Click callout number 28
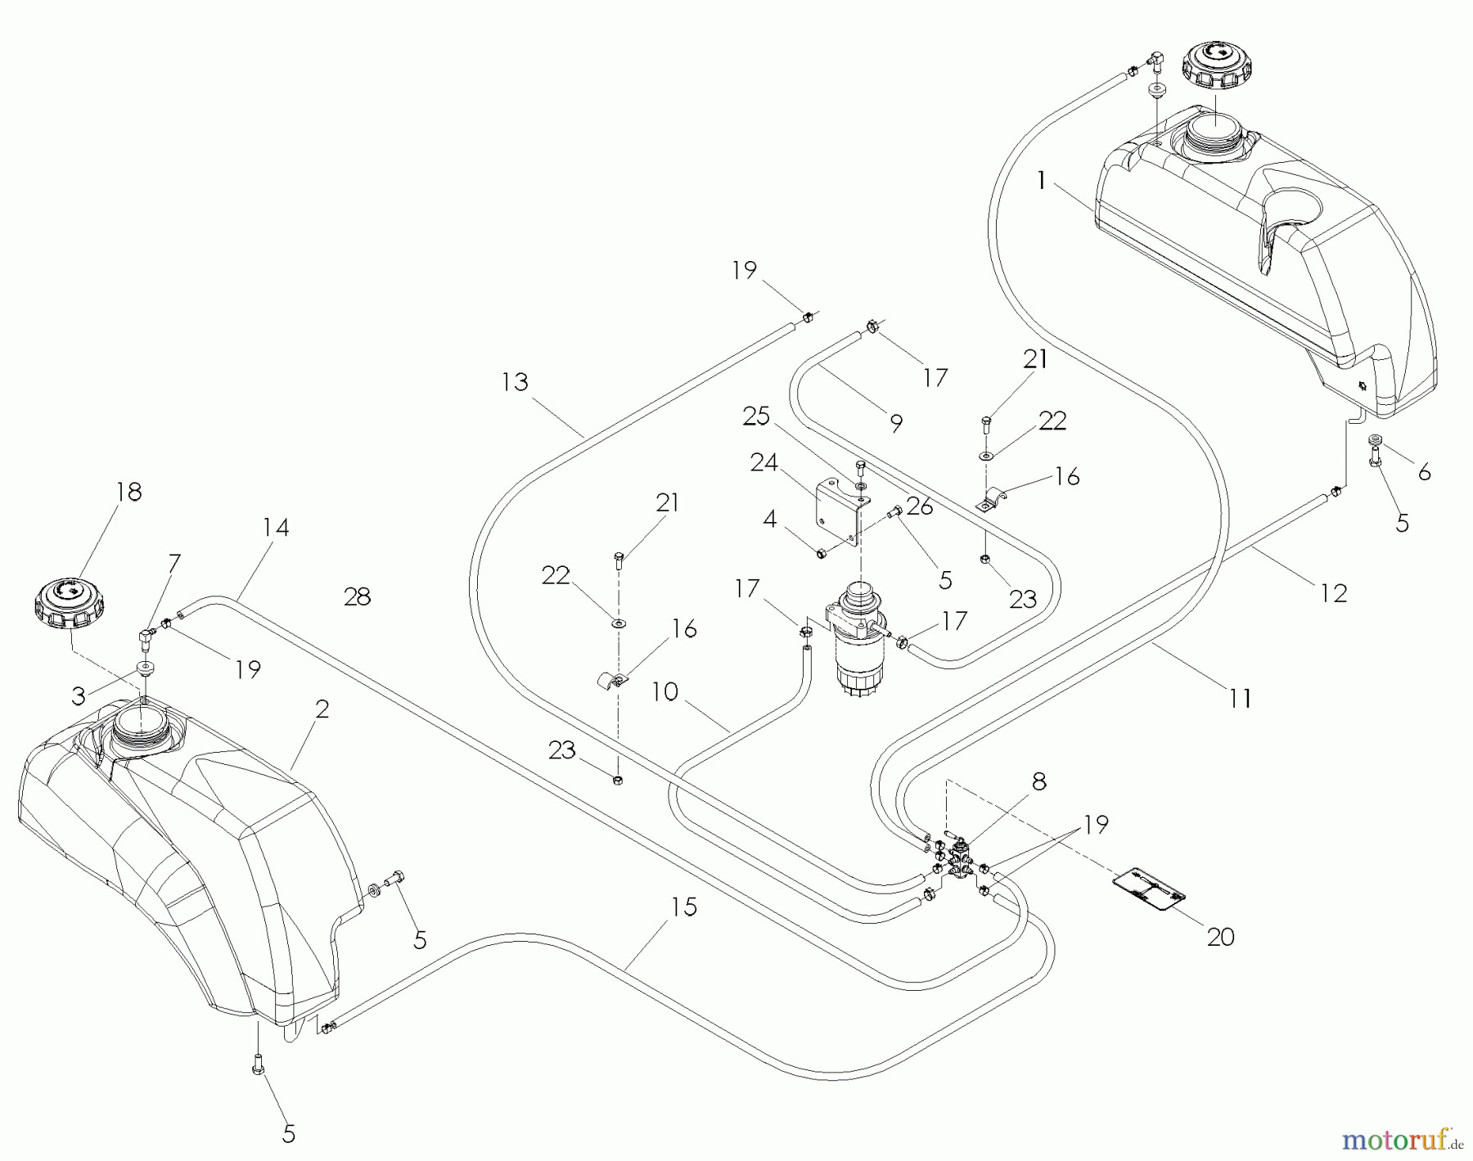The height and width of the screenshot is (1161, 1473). point(358,597)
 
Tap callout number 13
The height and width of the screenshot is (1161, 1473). point(516,382)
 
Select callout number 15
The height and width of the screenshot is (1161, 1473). point(684,907)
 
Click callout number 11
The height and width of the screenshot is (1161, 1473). point(1239,698)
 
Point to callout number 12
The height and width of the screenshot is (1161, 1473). point(1333,593)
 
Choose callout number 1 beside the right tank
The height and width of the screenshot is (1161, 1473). point(1041,181)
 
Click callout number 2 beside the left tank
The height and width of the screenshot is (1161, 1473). point(322,709)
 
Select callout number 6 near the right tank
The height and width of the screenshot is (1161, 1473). point(1424,472)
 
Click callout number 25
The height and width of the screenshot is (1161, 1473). point(756,416)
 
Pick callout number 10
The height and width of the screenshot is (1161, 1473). point(665,692)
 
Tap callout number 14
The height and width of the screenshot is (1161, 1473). point(276,527)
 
